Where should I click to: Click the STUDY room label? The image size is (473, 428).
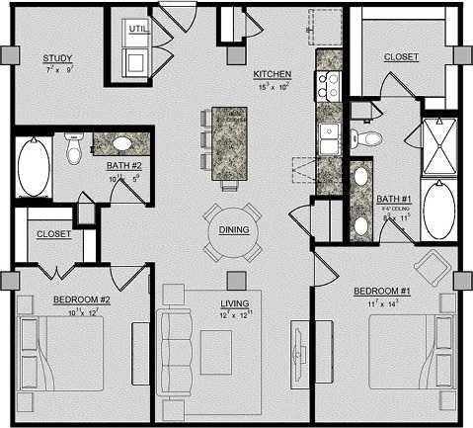coord(57,59)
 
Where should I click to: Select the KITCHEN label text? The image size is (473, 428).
coord(271,74)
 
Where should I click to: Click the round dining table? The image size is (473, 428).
coord(233,229)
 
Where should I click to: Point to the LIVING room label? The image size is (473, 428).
coord(234,303)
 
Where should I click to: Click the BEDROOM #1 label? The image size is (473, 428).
coord(380,292)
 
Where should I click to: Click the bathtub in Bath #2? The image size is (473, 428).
coord(33,169)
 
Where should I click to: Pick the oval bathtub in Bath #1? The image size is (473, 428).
coord(435,212)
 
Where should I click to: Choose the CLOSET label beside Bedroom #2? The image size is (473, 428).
coord(52,234)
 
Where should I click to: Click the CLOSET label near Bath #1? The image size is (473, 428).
coord(402,57)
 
